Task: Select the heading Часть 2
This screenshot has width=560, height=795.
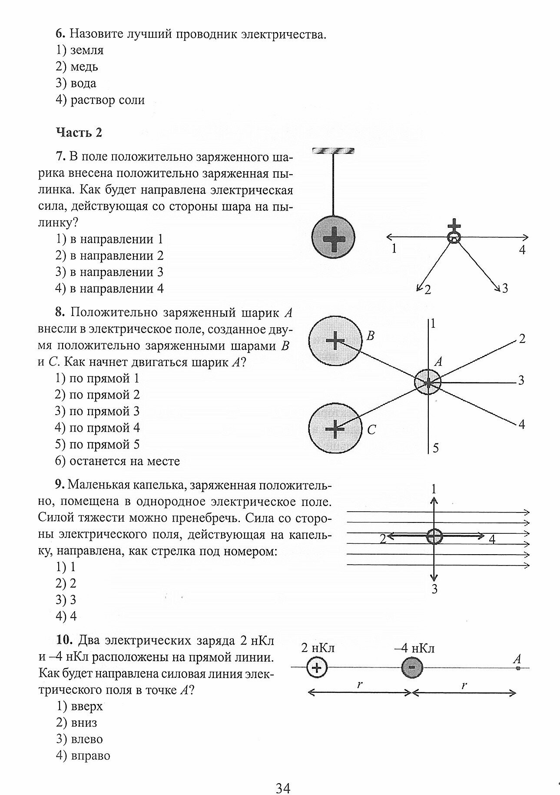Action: [x=79, y=133]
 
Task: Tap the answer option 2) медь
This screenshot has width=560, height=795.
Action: [x=77, y=67]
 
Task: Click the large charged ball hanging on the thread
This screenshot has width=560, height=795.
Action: [x=333, y=237]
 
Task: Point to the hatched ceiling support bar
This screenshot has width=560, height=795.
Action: [x=333, y=151]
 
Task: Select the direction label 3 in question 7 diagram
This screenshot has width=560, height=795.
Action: [x=504, y=288]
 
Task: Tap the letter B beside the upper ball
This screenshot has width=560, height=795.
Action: [x=371, y=336]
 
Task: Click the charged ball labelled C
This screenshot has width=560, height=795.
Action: [x=335, y=429]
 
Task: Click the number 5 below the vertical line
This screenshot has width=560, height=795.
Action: [x=436, y=448]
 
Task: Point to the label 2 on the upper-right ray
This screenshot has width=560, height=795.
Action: [x=522, y=339]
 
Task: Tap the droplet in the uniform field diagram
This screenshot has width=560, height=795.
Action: [x=434, y=536]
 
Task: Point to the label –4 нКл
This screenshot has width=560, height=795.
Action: [x=414, y=649]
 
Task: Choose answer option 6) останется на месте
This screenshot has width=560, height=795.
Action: [x=117, y=461]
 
